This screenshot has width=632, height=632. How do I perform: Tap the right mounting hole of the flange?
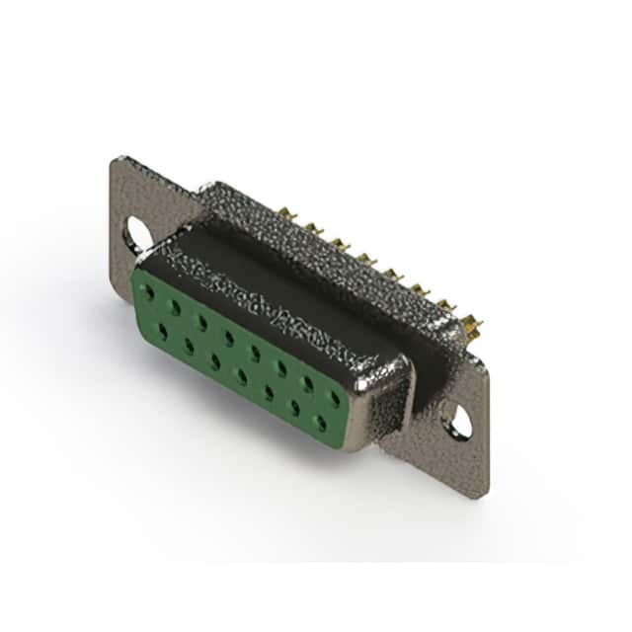pos(459,424)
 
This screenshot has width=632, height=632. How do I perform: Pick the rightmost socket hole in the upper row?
pos(335,398)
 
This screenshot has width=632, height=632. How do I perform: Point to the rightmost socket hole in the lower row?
pos(320,422)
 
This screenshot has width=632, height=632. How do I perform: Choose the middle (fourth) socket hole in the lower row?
pos(241,376)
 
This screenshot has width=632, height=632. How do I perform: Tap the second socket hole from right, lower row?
pos(293,407)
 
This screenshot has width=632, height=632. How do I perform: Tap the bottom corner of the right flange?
pos(481,495)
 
